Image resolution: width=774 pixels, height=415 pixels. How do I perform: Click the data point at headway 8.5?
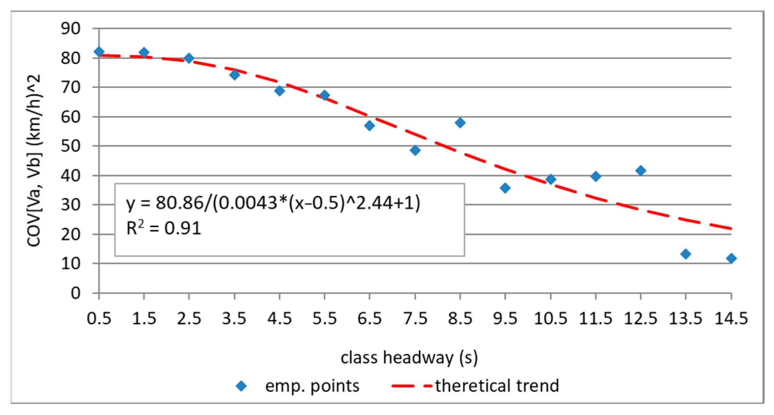coord(460,123)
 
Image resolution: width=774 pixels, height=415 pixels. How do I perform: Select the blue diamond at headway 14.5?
coord(731,258)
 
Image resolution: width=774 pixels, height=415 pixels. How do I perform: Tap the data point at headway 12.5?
coord(641,171)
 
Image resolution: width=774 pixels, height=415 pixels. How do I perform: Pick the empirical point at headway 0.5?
coord(99,52)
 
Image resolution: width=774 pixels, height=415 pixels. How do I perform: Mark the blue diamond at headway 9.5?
coord(505,188)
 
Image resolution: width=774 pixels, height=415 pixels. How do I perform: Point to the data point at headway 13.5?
coord(686,254)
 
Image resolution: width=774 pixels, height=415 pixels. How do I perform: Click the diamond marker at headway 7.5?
coord(415,150)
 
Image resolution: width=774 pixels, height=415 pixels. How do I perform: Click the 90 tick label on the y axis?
coord(71,28)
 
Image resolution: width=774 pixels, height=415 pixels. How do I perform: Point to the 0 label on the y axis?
coord(76,293)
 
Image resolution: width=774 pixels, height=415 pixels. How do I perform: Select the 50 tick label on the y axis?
coord(71,146)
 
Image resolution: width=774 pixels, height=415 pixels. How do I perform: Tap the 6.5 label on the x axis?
coord(370,319)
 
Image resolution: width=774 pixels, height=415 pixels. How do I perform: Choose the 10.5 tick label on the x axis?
coord(551,319)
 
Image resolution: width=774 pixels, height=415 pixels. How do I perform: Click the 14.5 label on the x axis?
coord(731,319)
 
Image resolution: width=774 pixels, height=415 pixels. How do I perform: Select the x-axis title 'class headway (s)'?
coord(409,358)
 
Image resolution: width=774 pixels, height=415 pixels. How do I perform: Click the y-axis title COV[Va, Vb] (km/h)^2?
coord(34,160)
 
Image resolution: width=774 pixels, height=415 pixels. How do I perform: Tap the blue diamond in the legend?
coord(241,386)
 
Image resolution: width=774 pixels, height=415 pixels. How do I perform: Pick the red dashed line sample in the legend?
coord(411,386)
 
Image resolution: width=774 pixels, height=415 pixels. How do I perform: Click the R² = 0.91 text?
coord(164,228)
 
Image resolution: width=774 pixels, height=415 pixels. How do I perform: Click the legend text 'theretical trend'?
coord(497,386)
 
